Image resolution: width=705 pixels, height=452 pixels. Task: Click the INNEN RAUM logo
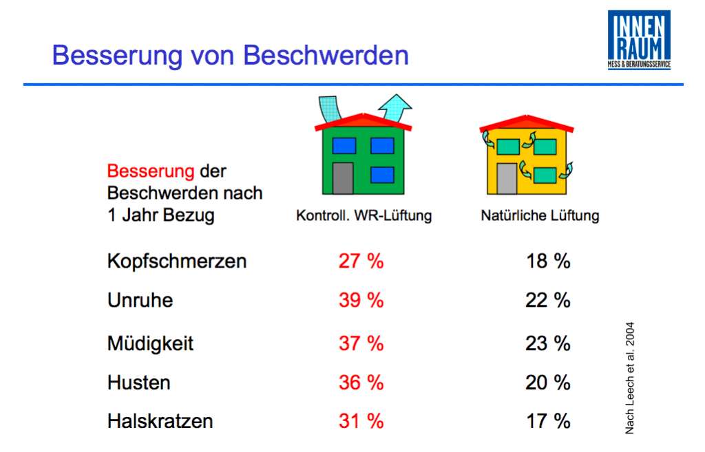tap(639, 40)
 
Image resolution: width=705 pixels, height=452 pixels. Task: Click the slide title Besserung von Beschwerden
tap(230, 55)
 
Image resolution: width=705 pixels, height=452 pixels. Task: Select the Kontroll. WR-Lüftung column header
tap(364, 215)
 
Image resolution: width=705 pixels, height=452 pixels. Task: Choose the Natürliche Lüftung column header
tap(540, 215)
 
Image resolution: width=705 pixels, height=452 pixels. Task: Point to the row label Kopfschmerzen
tap(177, 261)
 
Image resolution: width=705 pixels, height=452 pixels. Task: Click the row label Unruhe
tap(140, 301)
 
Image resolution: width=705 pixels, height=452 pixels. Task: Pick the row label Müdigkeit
tap(150, 343)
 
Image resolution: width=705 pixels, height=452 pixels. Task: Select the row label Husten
tap(138, 383)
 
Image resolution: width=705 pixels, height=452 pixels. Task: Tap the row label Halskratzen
tap(160, 421)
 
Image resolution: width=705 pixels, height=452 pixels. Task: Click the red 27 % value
tap(361, 261)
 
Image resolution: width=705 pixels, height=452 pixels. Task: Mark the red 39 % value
tap(361, 301)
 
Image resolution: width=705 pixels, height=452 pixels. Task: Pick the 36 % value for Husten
tap(361, 383)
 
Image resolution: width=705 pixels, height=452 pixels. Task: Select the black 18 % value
tap(548, 261)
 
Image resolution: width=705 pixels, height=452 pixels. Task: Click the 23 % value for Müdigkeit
tap(548, 343)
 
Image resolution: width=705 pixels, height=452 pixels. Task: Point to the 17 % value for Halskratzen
tap(548, 421)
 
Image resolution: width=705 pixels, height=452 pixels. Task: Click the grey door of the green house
tap(343, 178)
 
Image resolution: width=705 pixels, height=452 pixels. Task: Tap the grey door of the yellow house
tap(506, 179)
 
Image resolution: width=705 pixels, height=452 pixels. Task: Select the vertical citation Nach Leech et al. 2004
tap(629, 378)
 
